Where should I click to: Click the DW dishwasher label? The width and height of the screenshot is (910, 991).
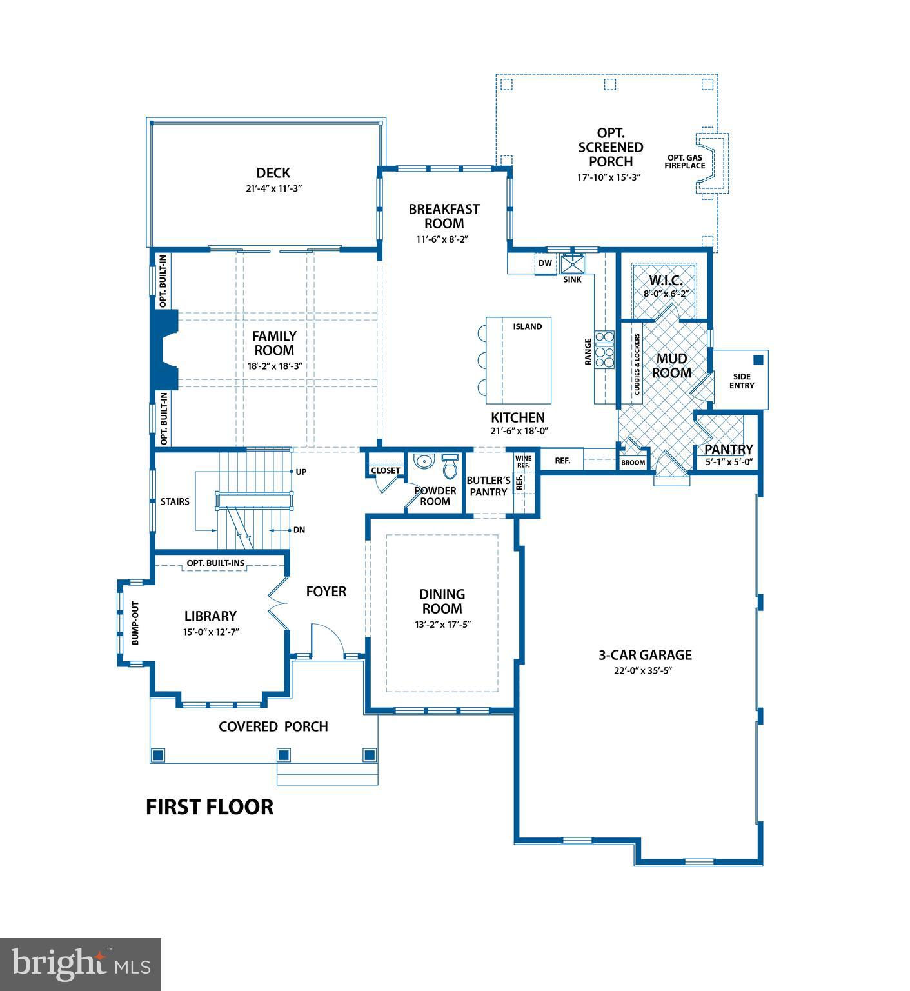545,263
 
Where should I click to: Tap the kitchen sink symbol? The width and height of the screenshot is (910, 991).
572,264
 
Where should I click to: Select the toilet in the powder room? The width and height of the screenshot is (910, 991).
450,463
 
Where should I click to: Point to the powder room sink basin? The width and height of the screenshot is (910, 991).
423,461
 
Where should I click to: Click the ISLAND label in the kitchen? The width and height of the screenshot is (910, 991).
528,326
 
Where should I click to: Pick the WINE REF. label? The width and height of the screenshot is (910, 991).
523,462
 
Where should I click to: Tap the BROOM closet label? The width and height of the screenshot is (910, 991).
633,463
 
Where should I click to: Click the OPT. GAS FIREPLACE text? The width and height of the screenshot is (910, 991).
685,161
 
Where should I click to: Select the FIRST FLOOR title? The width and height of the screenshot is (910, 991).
210,806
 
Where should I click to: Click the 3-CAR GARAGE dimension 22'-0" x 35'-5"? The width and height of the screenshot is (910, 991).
644,670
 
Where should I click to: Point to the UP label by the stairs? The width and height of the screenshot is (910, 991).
301,472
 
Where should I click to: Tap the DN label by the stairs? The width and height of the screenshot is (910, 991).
299,530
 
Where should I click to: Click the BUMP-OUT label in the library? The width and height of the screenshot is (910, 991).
135,623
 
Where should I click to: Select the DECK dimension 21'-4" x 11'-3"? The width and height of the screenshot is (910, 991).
273,188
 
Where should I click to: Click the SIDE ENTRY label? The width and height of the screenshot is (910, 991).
742,381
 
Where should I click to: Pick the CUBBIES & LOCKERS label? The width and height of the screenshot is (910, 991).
637,365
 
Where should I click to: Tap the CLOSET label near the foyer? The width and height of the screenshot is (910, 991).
386,470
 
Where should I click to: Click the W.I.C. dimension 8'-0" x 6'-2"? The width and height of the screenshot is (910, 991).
666,294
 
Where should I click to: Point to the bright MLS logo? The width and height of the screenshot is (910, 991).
81,964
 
